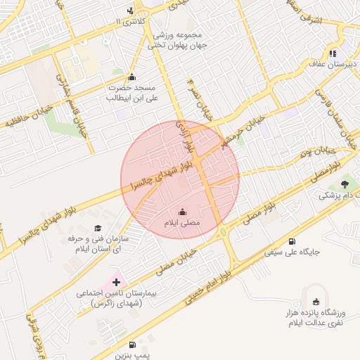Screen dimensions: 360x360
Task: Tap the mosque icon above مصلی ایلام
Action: [182, 212]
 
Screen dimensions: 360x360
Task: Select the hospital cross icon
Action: [116, 281]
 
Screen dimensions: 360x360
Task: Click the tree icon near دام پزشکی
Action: [344, 184]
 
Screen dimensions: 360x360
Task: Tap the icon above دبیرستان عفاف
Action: [333, 53]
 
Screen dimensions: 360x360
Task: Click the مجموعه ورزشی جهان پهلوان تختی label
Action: [175, 40]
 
